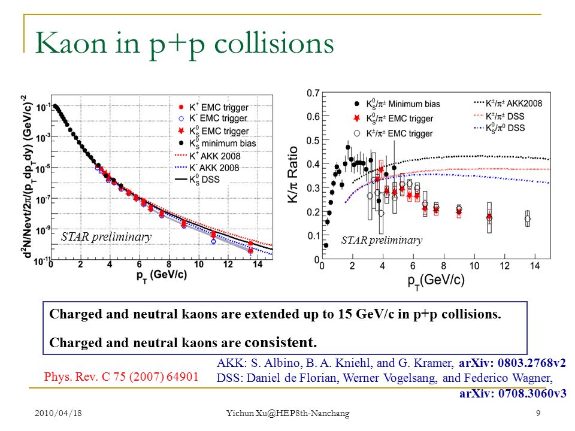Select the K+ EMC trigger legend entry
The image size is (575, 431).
coord(213,107)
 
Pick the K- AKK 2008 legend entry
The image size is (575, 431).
coord(207,168)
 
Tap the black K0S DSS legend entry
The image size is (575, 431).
coord(198,180)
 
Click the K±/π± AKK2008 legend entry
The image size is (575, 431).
coord(508,104)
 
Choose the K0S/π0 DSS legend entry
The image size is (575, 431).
coord(499,128)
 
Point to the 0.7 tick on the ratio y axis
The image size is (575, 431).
coord(313,93)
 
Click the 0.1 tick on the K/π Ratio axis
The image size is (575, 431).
coord(313,235)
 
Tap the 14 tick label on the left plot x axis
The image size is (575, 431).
coord(258,264)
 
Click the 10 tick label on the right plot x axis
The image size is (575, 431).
coord(474,266)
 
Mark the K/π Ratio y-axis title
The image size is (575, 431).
coord(293,174)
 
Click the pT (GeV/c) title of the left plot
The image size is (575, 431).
coord(162,275)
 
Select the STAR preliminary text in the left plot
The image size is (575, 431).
coord(107,237)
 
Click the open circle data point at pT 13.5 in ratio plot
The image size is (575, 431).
coord(527,219)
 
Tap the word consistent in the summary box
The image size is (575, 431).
coord(280,342)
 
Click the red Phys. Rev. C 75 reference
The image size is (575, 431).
coord(122,377)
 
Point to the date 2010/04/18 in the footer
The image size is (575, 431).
coord(58,413)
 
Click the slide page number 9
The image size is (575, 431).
coord(538,413)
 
